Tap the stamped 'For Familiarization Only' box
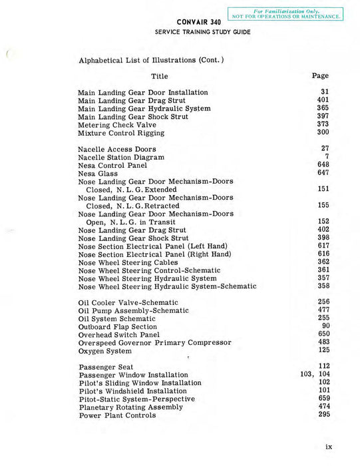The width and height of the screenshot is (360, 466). pos(285,13)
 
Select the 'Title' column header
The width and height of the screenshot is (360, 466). pos(160,77)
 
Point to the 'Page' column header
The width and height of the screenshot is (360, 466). pos(320,76)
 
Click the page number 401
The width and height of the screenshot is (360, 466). pos(323,101)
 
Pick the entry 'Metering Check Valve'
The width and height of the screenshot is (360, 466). pos(117,124)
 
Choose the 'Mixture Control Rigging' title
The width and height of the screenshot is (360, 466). pos(121,132)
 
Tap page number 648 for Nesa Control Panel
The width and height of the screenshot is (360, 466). pos(323,164)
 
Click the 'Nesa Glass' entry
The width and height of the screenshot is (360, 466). pos(98,173)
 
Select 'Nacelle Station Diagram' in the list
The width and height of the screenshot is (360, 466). pos(121,157)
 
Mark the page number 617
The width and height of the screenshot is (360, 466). pos(323,246)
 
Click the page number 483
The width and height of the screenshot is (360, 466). pos(323,342)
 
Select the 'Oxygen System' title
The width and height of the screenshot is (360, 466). pos(105,351)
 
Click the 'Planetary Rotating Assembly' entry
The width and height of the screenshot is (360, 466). pos(131,407)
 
